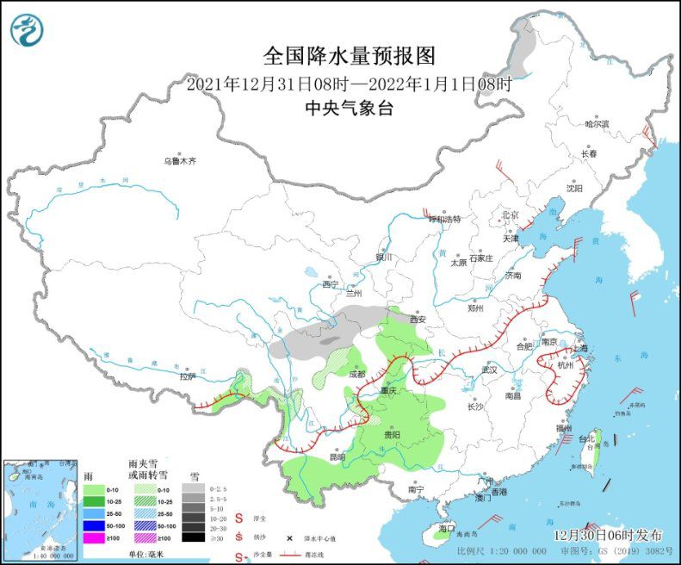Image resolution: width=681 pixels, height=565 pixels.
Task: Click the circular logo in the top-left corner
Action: point(27,29)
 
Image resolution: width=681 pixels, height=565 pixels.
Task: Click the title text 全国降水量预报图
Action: point(349,57)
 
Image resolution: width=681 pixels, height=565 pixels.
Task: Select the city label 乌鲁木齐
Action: point(180,161)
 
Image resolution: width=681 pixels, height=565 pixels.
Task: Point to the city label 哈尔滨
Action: point(597,124)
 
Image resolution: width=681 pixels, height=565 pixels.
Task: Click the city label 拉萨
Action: point(187,376)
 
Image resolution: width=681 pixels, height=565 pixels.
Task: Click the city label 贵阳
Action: point(392,435)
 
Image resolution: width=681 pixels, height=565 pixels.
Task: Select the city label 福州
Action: point(564,427)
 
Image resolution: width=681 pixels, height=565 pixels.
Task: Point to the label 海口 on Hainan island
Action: point(446,527)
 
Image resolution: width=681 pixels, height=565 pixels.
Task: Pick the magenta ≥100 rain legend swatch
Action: point(94,537)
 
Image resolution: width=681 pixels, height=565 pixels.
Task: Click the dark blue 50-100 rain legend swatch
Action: point(94,525)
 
